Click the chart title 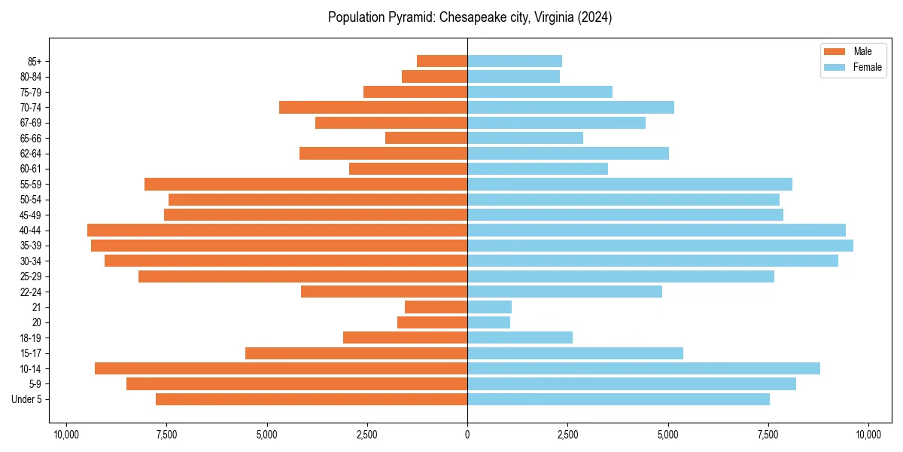[x=470, y=17]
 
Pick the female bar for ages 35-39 [x=660, y=246]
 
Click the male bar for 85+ [x=442, y=61]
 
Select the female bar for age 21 [x=489, y=307]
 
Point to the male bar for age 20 [x=432, y=322]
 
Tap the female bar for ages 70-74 [x=570, y=107]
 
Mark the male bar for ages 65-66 [x=426, y=138]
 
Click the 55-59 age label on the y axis [x=30, y=184]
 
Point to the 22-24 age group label [x=30, y=292]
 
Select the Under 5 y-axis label [x=27, y=399]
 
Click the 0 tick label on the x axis [x=467, y=435]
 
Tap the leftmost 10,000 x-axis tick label [x=66, y=435]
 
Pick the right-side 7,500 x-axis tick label [x=768, y=435]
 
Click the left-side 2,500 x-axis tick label [x=367, y=435]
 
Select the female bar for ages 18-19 [x=520, y=337]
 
